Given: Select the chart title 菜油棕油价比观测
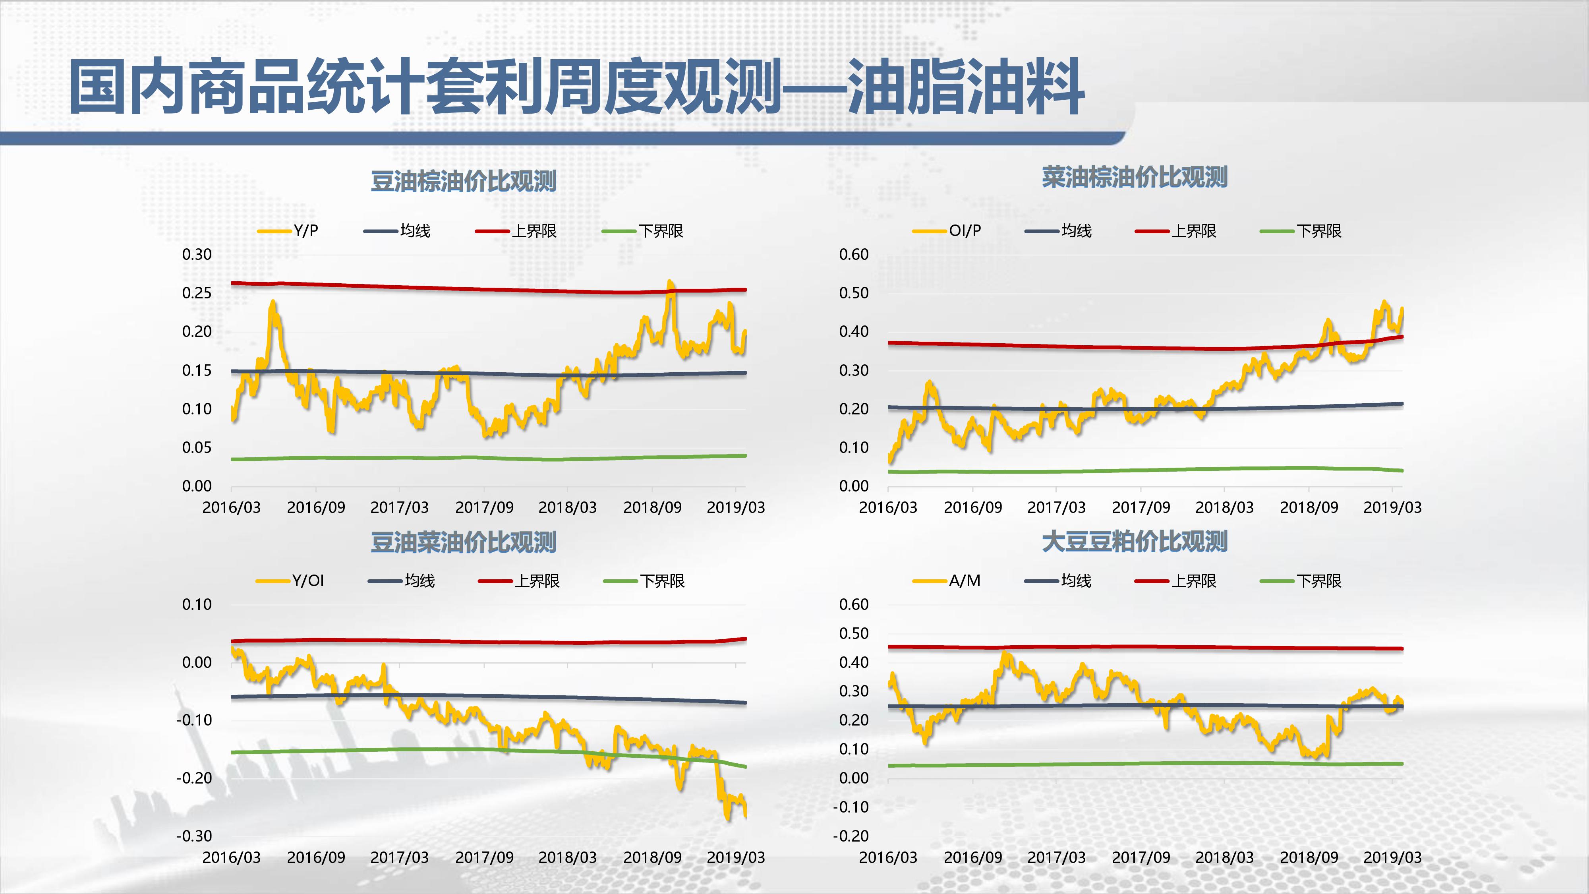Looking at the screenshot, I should [1135, 177].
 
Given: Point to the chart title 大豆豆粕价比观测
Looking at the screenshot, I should [1135, 542].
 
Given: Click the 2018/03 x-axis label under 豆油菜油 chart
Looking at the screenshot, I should [568, 857].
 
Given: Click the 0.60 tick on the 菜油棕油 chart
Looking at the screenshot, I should [854, 254].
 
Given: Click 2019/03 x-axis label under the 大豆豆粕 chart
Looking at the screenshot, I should [1392, 857].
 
